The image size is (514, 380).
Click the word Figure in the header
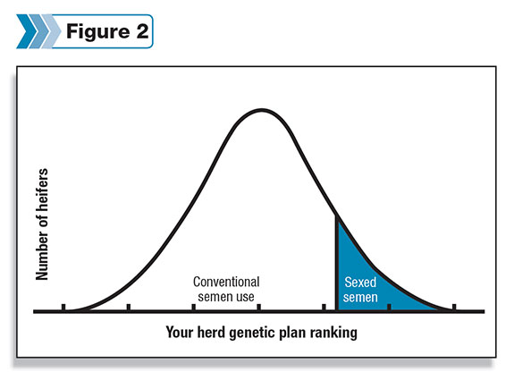pos(97,32)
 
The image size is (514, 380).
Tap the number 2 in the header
pos(143,31)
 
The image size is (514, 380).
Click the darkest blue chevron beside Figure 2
pos(27,31)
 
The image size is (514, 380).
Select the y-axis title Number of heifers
pos(42,224)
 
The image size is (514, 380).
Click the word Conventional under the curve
pos(226,282)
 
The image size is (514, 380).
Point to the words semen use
pos(226,297)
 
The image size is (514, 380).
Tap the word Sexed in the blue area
pos(360,282)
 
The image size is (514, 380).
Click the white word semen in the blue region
pos(360,298)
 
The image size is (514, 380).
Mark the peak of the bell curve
pos(261,110)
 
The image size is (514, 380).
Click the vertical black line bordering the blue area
pos(336,263)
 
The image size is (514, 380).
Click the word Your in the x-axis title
pos(180,332)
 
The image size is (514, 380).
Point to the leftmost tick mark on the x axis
pos(63,307)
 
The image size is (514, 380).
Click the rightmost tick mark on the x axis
pos(454,307)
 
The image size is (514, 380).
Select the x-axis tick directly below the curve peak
pos(259,307)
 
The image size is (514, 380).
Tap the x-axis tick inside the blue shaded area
pos(389,307)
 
